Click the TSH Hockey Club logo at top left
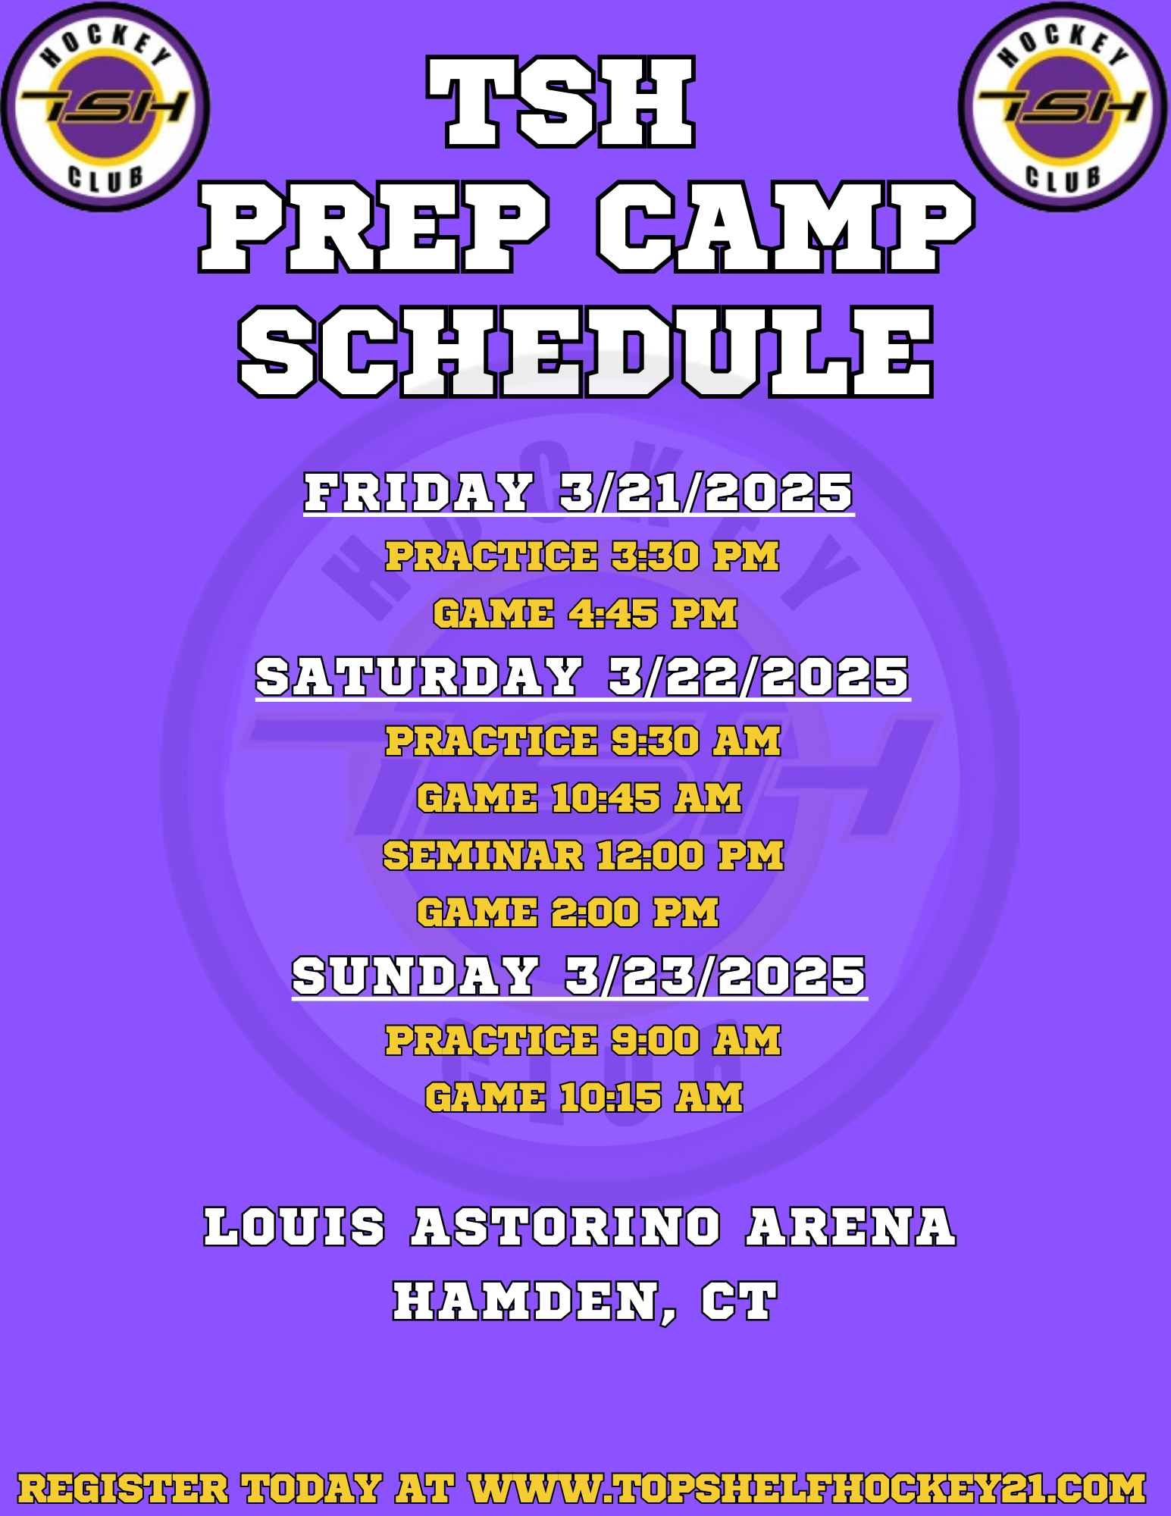coord(105,107)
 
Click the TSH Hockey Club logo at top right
coord(1063,107)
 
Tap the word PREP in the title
coord(374,227)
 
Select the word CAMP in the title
coord(785,227)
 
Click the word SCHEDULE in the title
coord(586,352)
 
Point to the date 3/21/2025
coord(706,492)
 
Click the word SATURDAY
coord(419,676)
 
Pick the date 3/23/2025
coord(715,976)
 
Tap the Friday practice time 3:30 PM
coord(695,556)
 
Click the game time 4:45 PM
coord(653,613)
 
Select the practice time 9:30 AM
coord(696,741)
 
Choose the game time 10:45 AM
coord(647,798)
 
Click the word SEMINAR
coord(483,856)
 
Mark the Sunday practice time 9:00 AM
coord(696,1040)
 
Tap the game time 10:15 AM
coord(651,1098)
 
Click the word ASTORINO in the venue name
coord(566,1227)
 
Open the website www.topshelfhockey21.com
coord(807,1488)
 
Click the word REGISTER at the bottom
coord(123,1488)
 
